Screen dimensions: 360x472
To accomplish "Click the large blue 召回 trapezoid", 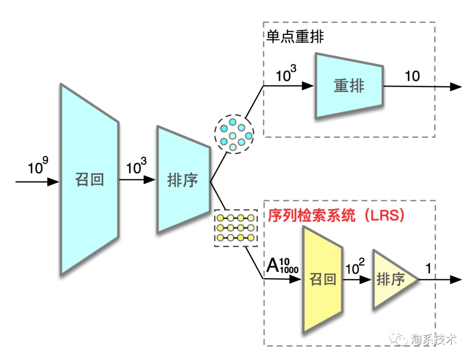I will [90, 179].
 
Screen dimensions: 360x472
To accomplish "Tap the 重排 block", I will [349, 86].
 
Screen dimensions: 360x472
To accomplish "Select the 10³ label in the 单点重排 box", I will [286, 74].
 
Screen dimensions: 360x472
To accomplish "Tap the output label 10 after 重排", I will [412, 76].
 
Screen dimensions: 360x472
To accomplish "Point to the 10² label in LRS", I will [355, 267].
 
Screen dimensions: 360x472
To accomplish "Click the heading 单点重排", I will [295, 37].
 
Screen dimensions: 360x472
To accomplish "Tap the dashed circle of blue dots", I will [234, 133].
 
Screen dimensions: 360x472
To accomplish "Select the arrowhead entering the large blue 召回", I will [53, 181].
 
